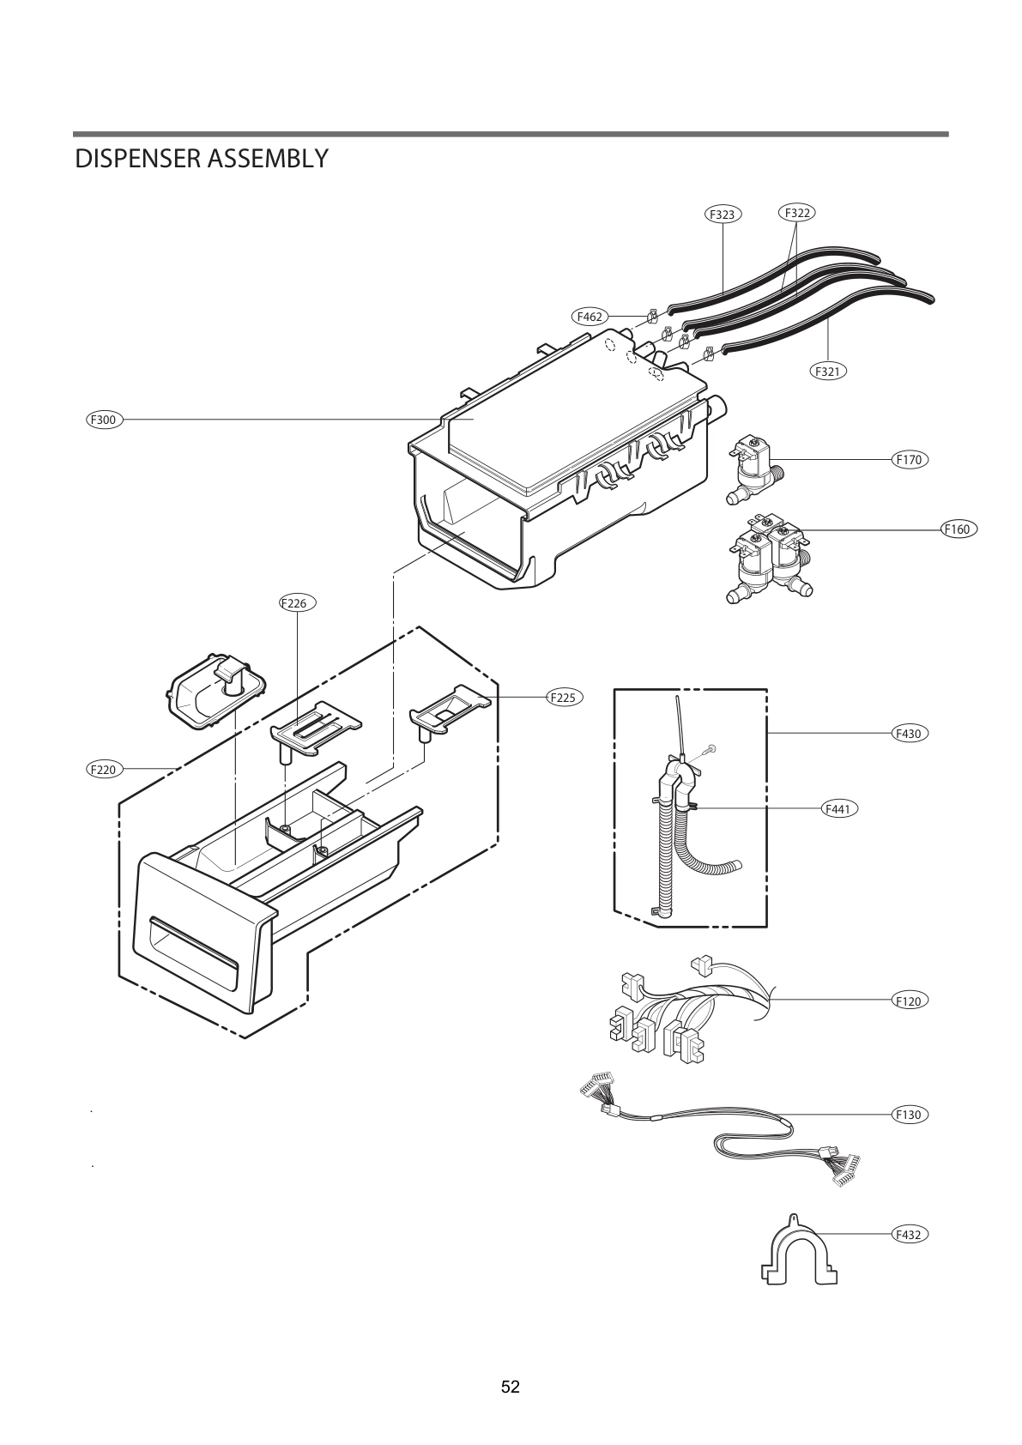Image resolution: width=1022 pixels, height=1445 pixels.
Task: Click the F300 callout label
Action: coord(105,420)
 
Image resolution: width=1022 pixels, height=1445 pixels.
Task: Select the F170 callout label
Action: coord(908,460)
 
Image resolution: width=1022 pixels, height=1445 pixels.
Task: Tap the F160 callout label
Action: coord(956,529)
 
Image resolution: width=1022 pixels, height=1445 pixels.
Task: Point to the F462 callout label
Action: coord(590,317)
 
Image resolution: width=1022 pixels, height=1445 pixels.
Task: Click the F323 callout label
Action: coord(723,215)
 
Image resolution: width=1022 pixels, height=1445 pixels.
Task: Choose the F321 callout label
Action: coord(827,372)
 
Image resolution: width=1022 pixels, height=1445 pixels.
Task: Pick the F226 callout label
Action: coord(297,603)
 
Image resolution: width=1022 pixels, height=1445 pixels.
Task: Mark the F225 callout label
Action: coord(563,698)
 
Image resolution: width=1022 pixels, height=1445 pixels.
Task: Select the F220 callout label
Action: coord(104,770)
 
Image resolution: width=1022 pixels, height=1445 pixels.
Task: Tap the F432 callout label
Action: coord(908,1235)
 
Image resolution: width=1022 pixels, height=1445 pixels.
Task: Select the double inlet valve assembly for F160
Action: coord(766,559)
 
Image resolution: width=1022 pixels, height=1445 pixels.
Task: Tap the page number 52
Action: coord(511,1387)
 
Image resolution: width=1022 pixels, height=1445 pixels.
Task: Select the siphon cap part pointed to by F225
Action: coord(449,707)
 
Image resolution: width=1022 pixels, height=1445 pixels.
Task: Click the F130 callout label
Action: coord(908,1115)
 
